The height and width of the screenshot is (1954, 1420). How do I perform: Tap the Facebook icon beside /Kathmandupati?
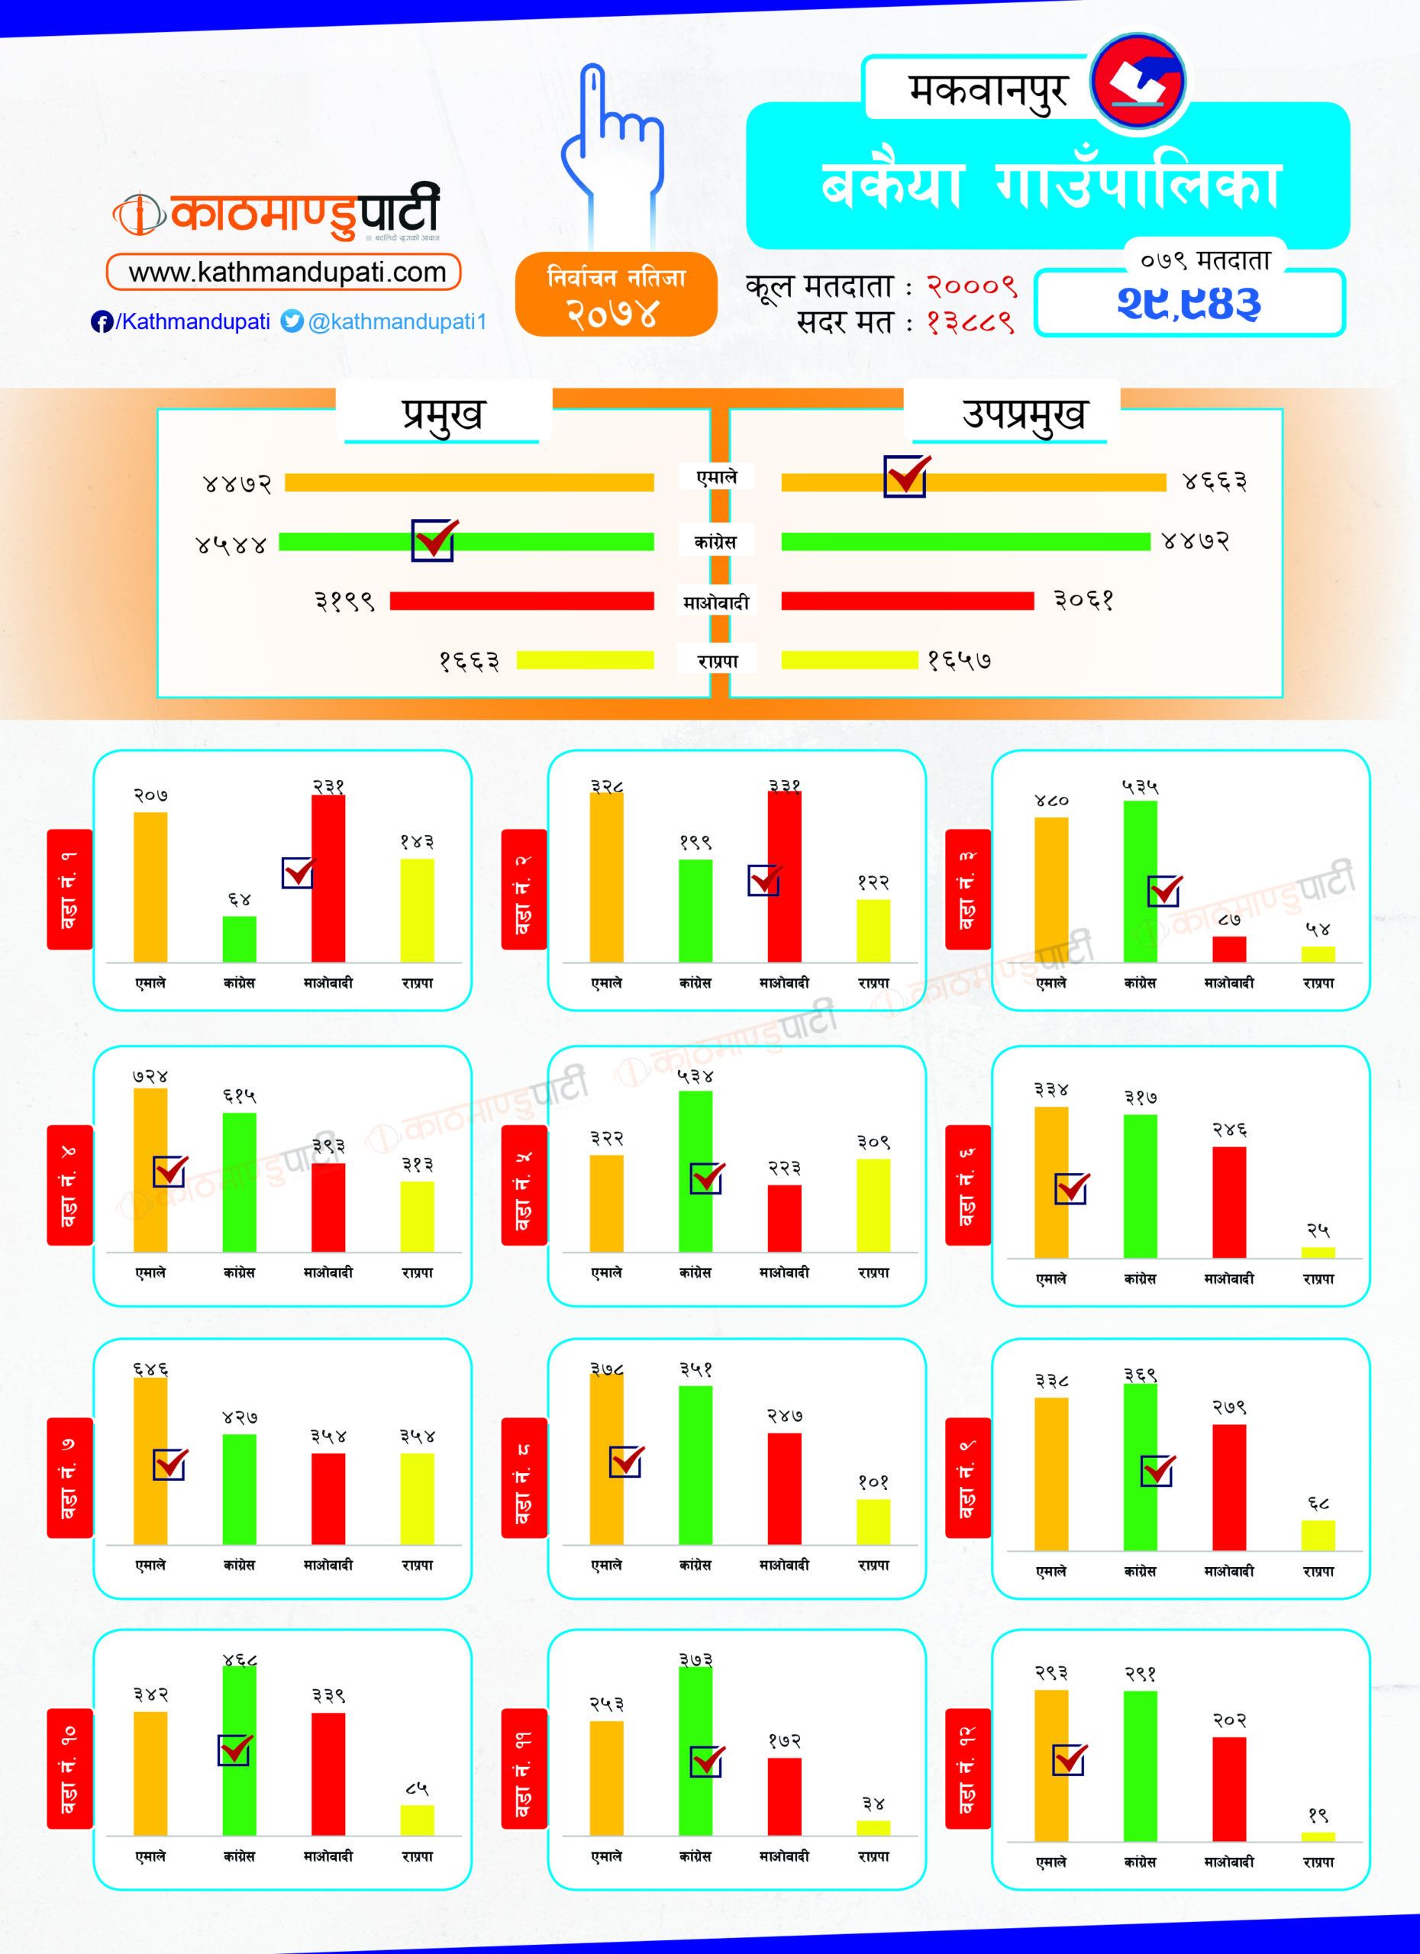click(x=101, y=321)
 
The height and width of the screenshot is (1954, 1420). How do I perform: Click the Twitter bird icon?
click(x=292, y=321)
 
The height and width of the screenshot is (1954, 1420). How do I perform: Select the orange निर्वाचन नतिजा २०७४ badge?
click(x=615, y=295)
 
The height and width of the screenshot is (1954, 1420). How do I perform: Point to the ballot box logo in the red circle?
click(x=1138, y=82)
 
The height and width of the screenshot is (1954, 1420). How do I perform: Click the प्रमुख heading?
click(x=443, y=414)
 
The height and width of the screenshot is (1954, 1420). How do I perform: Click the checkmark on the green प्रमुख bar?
click(x=434, y=540)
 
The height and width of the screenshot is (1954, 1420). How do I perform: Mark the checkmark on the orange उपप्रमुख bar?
click(x=906, y=476)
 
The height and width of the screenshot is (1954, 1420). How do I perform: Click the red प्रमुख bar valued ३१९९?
click(x=521, y=601)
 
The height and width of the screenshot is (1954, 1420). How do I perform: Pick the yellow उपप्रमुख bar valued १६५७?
click(x=849, y=660)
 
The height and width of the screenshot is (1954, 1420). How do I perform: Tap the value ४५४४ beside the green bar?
click(x=231, y=544)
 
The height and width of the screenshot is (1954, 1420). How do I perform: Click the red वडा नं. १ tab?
click(x=69, y=889)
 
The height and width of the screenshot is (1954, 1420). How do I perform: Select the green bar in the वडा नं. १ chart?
click(x=239, y=938)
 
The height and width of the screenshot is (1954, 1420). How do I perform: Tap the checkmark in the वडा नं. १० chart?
click(x=234, y=1749)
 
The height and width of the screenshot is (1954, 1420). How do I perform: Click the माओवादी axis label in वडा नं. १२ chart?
click(x=1228, y=1862)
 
